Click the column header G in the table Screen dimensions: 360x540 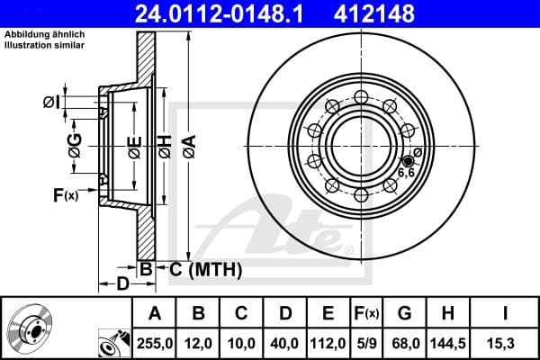point(405,314)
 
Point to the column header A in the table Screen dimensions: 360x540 point(153,314)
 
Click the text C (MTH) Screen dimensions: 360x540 point(206,267)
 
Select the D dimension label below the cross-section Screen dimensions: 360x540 point(121,284)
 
